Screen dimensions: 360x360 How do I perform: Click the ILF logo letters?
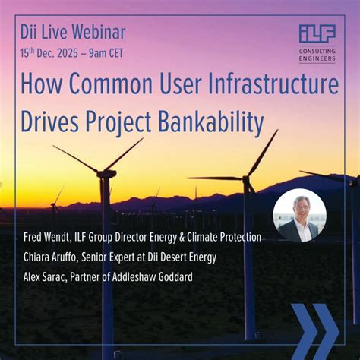coord(317,33)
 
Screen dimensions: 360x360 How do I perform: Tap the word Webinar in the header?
coord(99,32)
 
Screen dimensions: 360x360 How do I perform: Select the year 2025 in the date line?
coord(68,53)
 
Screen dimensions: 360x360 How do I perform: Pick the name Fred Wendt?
coord(47,238)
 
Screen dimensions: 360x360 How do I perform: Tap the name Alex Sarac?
coord(45,276)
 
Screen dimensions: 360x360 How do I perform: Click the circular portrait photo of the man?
coord(299,215)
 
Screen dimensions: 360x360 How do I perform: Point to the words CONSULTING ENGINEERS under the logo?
coord(317,55)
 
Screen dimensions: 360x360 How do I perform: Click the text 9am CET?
coord(106,53)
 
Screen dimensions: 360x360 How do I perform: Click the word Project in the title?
coord(118,123)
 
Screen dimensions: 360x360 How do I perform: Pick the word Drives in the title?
coord(49,122)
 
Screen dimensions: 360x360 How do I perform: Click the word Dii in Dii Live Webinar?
coord(28,32)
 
